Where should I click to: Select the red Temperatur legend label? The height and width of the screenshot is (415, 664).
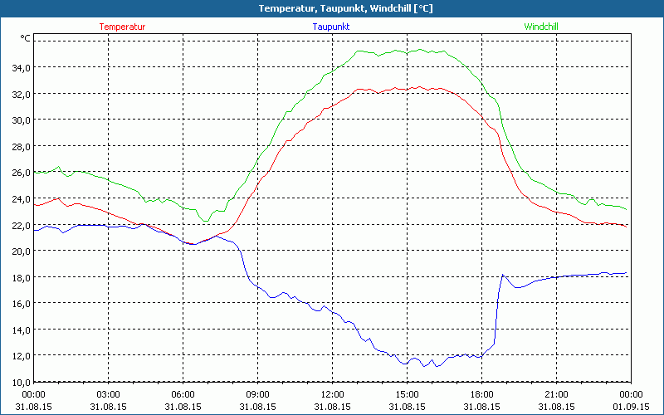122,27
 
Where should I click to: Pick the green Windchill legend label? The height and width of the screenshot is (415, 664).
540,27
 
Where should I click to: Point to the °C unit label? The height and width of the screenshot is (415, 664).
25,38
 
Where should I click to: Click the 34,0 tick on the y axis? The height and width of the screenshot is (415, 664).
20,67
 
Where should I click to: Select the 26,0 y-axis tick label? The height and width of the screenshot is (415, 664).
20,173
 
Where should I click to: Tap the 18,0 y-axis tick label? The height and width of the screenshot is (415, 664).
20,277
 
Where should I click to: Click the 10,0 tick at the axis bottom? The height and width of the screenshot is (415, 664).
20,382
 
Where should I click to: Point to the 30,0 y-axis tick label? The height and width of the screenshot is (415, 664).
20,120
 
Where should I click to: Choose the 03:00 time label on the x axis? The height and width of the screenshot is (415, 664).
109,394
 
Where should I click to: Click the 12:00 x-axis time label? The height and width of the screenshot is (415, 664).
332,394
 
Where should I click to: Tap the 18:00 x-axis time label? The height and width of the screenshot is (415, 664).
481,394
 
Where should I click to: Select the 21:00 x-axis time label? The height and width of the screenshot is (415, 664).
556,394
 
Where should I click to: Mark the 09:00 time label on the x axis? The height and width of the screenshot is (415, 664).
257,394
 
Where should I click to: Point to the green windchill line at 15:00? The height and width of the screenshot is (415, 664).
407,51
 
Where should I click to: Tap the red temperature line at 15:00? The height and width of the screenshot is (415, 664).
407,88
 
